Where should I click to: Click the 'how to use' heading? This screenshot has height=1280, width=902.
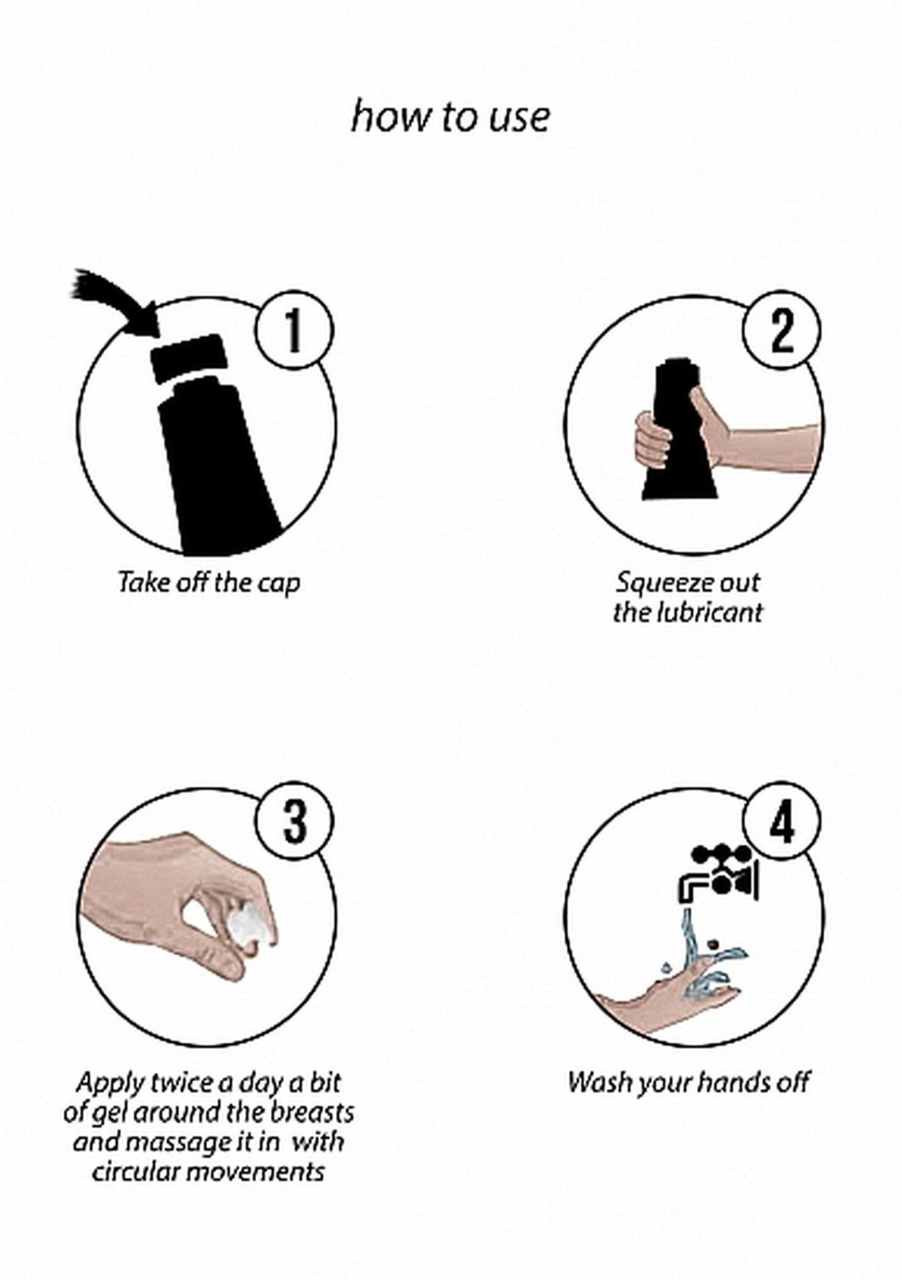[x=450, y=118]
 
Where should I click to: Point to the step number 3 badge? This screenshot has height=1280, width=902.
[x=294, y=822]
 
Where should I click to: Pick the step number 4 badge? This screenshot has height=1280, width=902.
[x=782, y=822]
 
